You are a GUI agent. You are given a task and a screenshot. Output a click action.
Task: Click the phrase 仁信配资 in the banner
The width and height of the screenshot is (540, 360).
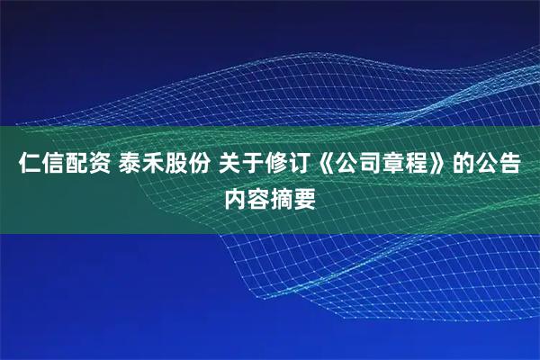(x=56, y=166)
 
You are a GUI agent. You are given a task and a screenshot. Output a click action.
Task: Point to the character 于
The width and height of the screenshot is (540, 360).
(x=247, y=166)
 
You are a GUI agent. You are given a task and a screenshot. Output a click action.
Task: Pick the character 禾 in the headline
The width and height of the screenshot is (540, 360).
(x=147, y=166)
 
